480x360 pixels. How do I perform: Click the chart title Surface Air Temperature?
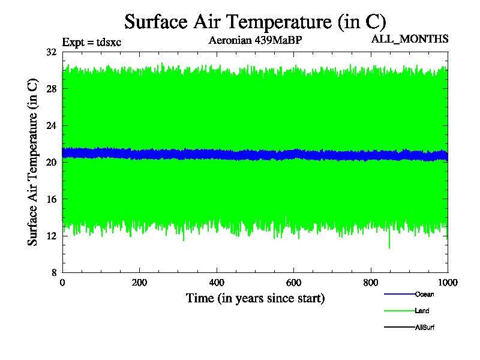point(255,22)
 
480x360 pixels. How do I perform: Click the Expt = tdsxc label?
point(92,42)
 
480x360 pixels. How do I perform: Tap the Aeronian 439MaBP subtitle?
point(255,41)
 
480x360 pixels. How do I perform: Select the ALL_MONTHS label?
point(410,39)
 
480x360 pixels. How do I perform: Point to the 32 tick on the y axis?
point(51,52)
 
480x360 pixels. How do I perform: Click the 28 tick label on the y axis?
point(51,89)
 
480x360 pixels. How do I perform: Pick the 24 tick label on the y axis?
point(51,126)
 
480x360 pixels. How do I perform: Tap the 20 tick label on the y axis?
point(51,163)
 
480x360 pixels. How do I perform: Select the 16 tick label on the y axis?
point(51,199)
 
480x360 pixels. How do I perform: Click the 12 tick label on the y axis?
point(51,236)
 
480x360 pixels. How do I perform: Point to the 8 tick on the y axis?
point(53,272)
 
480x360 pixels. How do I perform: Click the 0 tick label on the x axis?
point(62,283)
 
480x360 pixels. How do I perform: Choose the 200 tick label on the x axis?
point(139,283)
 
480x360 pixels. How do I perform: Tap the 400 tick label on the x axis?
point(217,283)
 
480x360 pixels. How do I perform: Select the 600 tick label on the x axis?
point(293,283)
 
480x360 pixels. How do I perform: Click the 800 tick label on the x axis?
point(371,283)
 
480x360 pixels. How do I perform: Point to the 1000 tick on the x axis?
point(447,283)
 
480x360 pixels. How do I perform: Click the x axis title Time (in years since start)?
point(255,298)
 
